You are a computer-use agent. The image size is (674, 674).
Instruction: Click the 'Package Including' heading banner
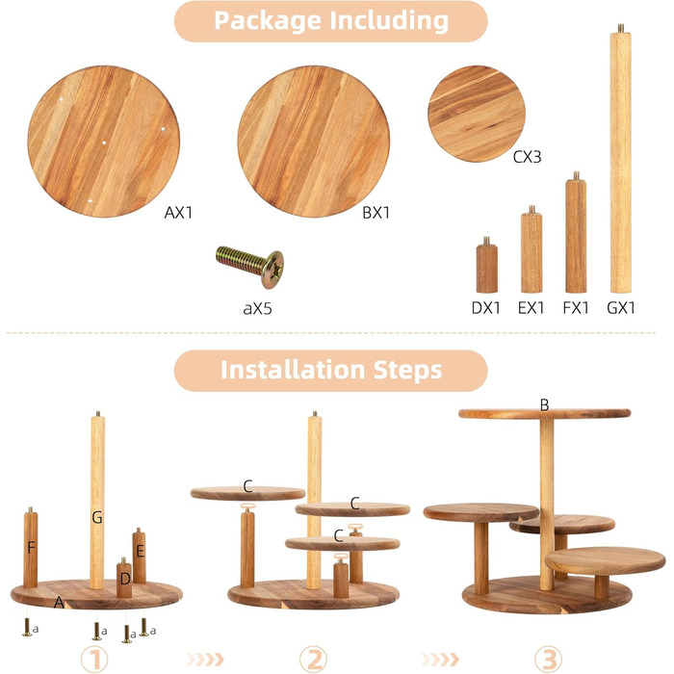click(x=330, y=21)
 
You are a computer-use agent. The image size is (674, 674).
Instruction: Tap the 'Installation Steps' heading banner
click(x=330, y=370)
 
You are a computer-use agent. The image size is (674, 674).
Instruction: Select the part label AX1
click(x=178, y=213)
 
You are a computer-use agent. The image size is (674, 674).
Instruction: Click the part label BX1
click(x=376, y=213)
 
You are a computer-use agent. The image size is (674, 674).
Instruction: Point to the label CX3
click(x=527, y=157)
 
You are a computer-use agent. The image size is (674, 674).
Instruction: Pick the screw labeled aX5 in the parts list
click(x=249, y=266)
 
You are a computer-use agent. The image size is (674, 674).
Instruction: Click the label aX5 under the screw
click(x=257, y=308)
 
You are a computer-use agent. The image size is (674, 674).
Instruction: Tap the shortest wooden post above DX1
click(x=486, y=265)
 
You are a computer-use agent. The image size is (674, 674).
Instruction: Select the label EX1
click(x=531, y=308)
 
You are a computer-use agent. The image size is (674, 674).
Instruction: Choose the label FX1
click(x=576, y=308)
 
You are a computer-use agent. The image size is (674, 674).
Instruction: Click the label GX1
click(x=621, y=308)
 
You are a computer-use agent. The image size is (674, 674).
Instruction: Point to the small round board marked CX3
click(x=477, y=114)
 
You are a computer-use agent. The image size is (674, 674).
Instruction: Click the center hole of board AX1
click(x=104, y=143)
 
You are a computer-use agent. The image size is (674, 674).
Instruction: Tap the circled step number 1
click(x=94, y=659)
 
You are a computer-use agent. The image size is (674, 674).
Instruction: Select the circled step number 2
click(x=313, y=659)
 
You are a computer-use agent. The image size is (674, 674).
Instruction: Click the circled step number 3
click(x=548, y=659)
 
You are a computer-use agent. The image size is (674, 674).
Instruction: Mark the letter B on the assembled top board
click(x=544, y=405)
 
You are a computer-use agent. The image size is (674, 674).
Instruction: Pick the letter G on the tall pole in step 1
click(x=97, y=517)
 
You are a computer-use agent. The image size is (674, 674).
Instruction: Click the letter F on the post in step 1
click(x=31, y=548)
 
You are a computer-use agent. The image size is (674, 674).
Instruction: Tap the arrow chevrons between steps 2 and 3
click(x=440, y=659)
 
